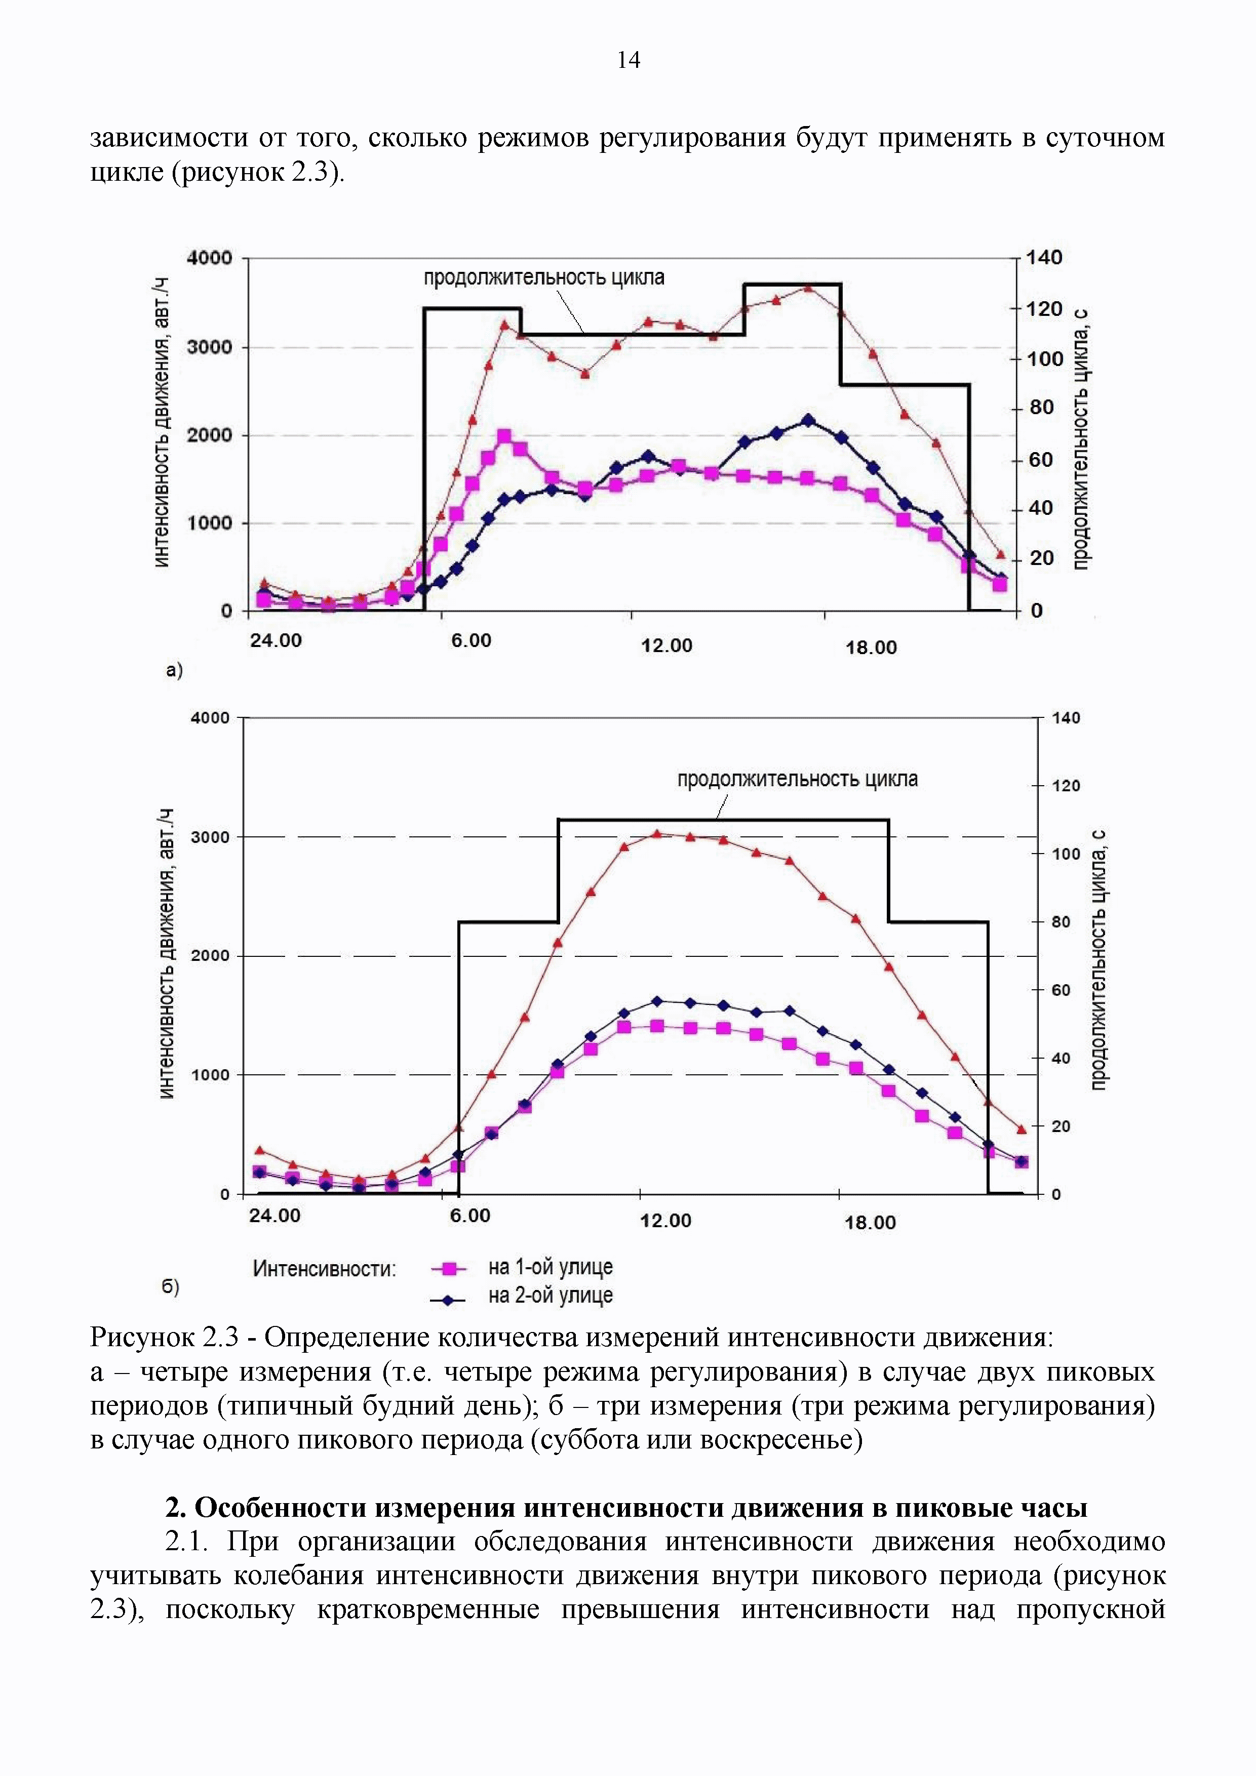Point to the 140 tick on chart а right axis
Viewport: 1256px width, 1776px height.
tap(1044, 258)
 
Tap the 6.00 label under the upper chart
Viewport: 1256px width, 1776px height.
tap(472, 640)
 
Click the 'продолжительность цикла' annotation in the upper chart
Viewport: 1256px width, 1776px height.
tap(543, 278)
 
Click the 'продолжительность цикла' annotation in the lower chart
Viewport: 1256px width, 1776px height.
tap(797, 779)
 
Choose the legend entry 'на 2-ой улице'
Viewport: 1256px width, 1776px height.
tap(550, 1295)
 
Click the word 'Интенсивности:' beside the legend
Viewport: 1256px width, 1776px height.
tap(324, 1269)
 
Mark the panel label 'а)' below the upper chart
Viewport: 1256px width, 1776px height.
tap(175, 670)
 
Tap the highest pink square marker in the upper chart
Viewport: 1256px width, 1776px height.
tap(504, 437)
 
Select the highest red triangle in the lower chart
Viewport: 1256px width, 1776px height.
tap(657, 834)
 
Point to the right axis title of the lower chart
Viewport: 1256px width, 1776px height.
tap(1099, 959)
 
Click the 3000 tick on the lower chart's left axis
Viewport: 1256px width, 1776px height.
tap(211, 837)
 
